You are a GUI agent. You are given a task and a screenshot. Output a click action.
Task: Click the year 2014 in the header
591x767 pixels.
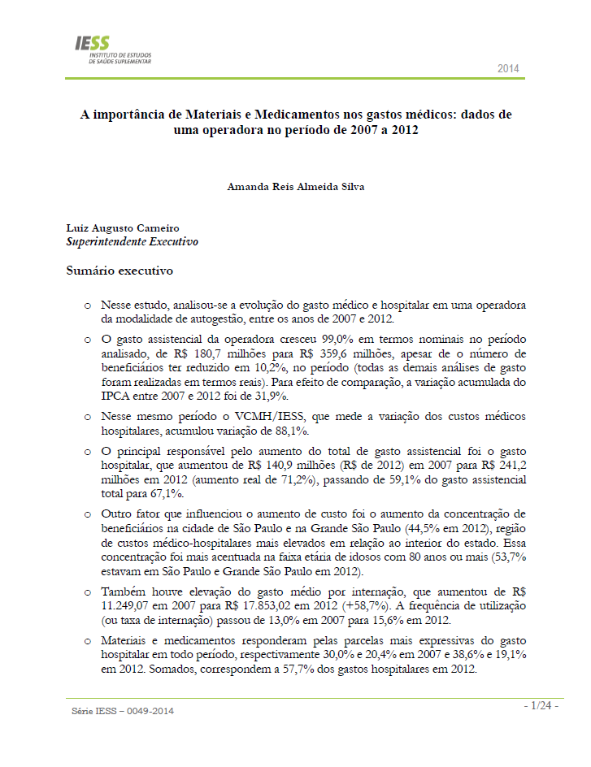point(508,69)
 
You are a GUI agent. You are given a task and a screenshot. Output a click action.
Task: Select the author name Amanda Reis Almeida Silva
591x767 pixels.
point(295,186)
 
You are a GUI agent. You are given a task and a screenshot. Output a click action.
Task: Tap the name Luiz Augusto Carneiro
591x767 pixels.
point(122,228)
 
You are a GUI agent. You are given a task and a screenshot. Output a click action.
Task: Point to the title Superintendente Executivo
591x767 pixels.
point(132,241)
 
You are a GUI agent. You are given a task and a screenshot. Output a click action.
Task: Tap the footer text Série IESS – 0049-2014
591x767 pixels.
point(123,712)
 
